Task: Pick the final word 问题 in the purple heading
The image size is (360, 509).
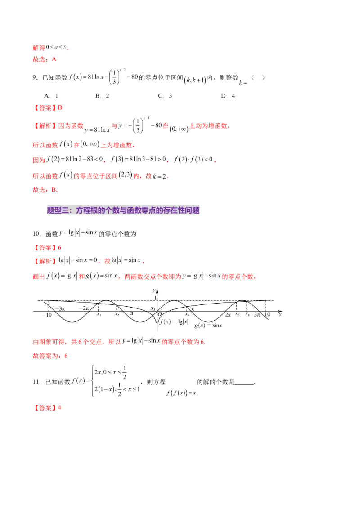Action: (x=192, y=210)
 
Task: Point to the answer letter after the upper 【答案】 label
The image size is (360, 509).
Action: (x=61, y=108)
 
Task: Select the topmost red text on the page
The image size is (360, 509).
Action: (x=40, y=47)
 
